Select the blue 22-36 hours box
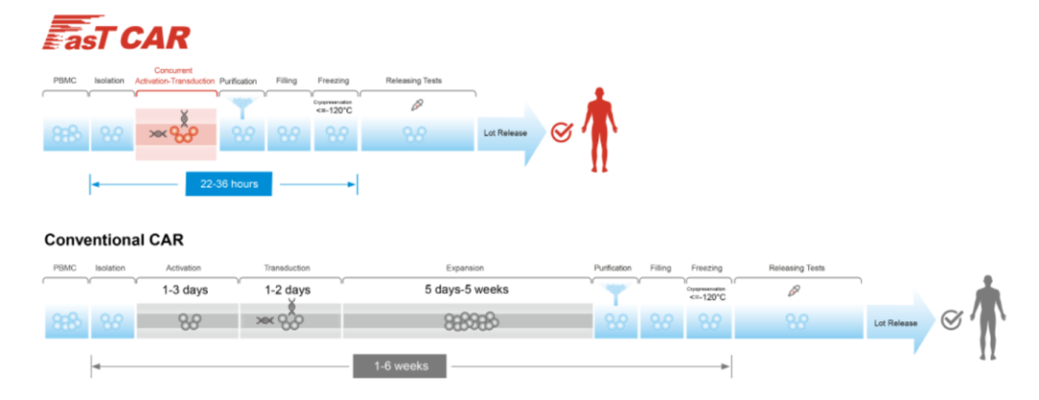pos(228,183)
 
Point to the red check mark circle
pos(561,133)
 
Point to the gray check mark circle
pos(950,320)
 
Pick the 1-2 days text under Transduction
pos(288,288)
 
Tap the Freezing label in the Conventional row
pos(706,267)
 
